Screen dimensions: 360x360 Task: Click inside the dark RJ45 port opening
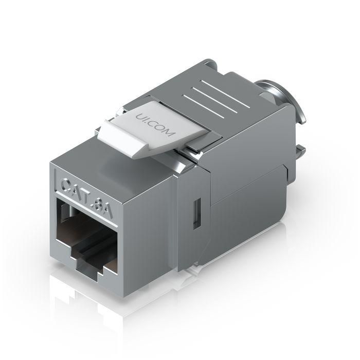point(85,231)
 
